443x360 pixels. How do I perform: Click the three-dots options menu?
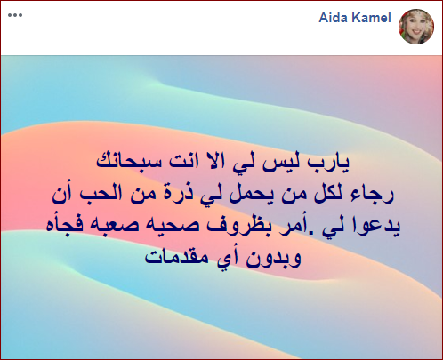click(15, 15)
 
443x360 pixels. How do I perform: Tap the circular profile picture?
click(416, 27)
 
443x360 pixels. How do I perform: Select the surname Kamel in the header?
click(371, 18)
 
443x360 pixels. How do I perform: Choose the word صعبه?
click(108, 227)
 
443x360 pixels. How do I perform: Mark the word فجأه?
click(61, 226)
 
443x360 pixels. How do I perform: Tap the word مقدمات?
click(176, 257)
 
